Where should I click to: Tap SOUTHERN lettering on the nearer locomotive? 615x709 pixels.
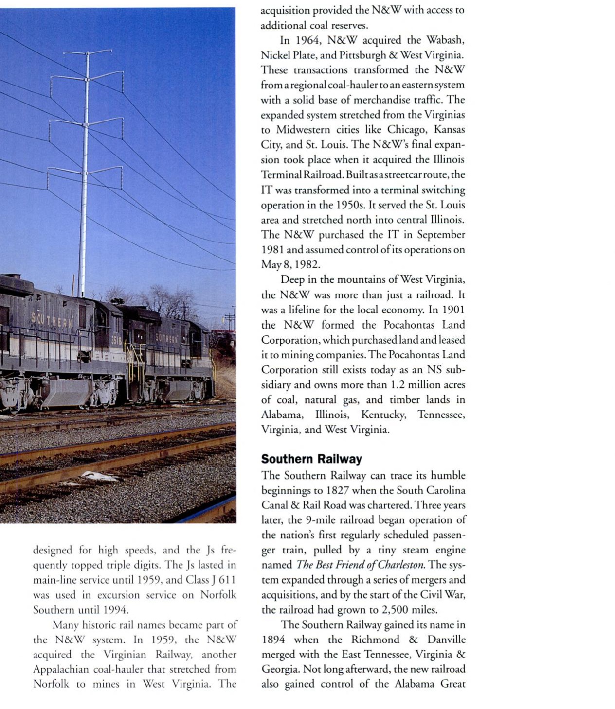51,320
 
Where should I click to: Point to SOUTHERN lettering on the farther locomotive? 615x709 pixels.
166,337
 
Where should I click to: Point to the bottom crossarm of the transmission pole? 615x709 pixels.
85,170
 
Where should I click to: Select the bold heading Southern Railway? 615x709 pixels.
311,459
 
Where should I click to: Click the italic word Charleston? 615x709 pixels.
400,565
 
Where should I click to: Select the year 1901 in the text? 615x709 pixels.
453,310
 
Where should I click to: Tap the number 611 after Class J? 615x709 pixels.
227,580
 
